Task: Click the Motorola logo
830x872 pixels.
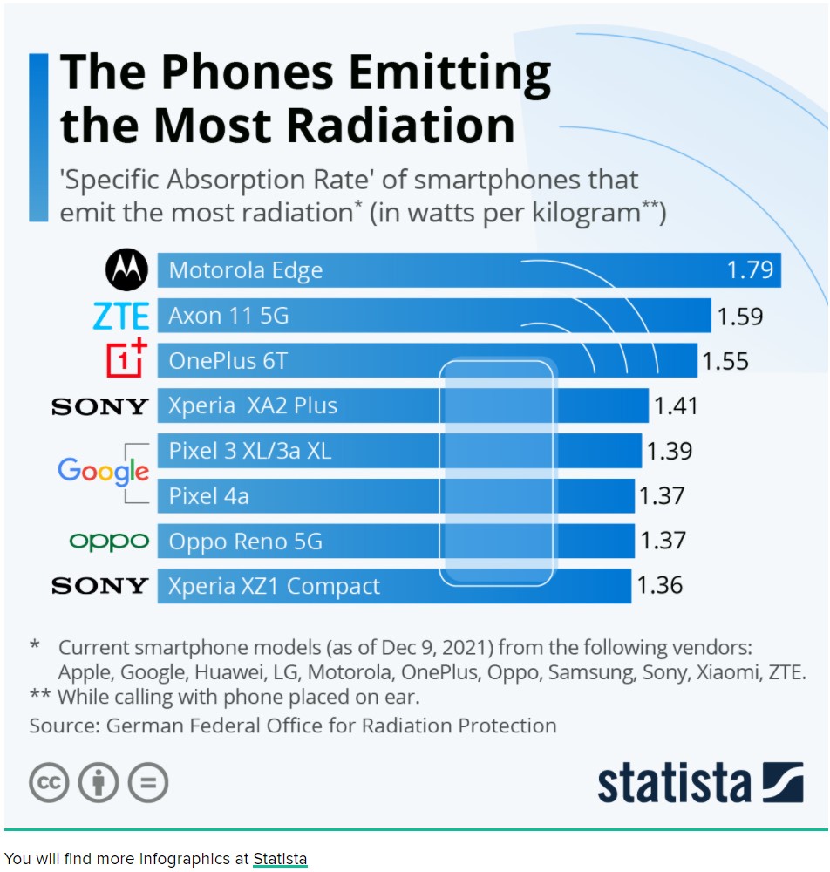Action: (127, 270)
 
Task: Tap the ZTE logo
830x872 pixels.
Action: (121, 316)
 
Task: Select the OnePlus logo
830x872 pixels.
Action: (126, 359)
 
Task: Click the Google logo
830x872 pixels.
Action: (103, 472)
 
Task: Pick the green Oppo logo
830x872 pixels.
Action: (109, 542)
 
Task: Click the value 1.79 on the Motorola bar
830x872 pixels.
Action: (750, 269)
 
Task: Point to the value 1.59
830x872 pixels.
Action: (739, 316)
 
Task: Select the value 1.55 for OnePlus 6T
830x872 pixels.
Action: (725, 360)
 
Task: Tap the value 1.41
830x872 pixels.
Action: (676, 405)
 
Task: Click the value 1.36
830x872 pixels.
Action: (660, 585)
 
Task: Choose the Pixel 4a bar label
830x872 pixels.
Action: (208, 496)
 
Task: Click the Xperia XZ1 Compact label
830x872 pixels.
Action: (274, 586)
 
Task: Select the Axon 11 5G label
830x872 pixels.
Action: (228, 316)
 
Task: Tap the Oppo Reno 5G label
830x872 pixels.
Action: (245, 542)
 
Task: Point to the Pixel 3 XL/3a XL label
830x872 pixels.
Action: (250, 451)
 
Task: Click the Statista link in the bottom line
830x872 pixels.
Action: (280, 859)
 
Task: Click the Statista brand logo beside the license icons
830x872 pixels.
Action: (699, 782)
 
